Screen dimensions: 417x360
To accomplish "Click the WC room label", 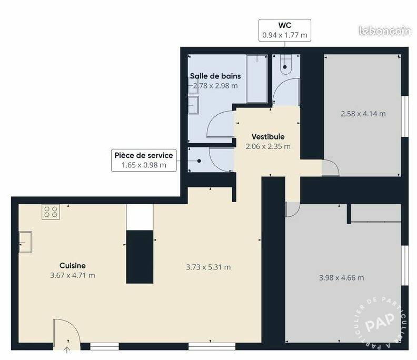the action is [x=284, y=25].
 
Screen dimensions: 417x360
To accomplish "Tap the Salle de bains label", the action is [x=215, y=76].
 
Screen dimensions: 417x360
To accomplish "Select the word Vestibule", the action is [x=268, y=137].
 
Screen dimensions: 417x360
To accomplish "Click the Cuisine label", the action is [x=73, y=265].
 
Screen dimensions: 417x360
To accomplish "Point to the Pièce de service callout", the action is [x=144, y=160].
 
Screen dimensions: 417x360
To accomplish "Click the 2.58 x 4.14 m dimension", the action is [x=363, y=114].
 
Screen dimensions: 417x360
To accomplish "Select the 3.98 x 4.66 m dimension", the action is [x=342, y=278].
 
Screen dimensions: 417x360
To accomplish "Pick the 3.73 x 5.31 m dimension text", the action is [x=208, y=267].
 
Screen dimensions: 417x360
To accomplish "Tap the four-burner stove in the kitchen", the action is [x=51, y=212].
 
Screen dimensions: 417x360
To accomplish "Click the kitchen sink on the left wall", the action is [x=25, y=242].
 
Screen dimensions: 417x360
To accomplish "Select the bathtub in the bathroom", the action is [x=257, y=79].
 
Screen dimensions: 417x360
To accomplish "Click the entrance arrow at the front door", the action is [x=67, y=349].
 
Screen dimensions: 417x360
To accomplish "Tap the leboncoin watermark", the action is [x=384, y=31].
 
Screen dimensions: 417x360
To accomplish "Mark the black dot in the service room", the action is [x=199, y=161].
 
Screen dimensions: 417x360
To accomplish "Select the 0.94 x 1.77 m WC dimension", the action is [x=284, y=35].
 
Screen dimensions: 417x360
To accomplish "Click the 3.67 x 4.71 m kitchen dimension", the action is [x=73, y=275].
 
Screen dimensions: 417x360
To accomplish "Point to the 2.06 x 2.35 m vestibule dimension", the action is [x=268, y=146].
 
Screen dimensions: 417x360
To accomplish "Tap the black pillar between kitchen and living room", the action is [x=140, y=257].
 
